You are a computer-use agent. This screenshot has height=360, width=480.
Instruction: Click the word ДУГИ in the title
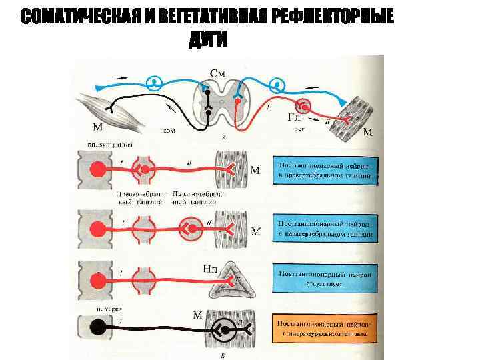[x=207, y=39]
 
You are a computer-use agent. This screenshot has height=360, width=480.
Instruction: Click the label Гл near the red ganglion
[x=294, y=117]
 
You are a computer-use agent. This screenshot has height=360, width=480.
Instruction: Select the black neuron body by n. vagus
[x=98, y=327]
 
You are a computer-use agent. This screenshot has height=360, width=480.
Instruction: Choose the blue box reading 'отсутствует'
[x=325, y=279]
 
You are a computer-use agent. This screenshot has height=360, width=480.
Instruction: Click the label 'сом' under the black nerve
[x=169, y=131]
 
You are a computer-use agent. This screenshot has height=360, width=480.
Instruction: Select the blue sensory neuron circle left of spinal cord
[x=154, y=83]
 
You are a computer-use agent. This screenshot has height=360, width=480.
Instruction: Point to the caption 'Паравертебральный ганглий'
[x=199, y=197]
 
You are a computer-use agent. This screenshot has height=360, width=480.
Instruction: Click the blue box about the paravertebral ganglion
[x=325, y=226]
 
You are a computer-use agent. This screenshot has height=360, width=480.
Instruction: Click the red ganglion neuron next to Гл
[x=305, y=105]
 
